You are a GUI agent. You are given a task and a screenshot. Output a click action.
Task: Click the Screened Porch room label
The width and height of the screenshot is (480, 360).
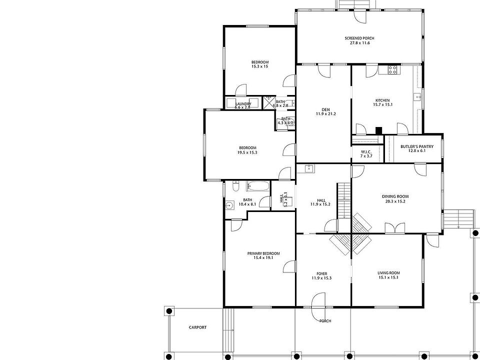[x=359, y=40]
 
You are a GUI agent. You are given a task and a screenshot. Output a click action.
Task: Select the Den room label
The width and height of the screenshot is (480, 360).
[x=325, y=111]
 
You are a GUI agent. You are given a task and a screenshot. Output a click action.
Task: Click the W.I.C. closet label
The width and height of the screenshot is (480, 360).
[x=366, y=153]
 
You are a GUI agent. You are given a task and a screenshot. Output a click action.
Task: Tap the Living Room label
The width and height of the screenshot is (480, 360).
[x=388, y=275]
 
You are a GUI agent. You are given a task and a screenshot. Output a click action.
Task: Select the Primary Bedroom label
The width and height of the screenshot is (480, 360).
[x=263, y=255]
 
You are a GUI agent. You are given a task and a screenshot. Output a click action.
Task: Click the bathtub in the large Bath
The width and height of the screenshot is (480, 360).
[x=258, y=187]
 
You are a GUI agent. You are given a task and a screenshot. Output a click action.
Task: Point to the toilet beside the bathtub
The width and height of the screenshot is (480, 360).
[x=236, y=186]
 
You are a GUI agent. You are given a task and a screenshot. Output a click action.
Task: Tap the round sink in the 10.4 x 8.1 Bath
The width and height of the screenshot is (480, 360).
[x=230, y=204]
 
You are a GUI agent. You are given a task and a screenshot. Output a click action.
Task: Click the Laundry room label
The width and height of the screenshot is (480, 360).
[x=243, y=105]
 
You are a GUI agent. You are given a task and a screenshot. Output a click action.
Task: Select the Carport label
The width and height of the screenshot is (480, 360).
[x=197, y=327]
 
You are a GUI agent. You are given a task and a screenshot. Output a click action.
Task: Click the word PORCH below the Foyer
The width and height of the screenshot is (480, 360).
[x=325, y=321]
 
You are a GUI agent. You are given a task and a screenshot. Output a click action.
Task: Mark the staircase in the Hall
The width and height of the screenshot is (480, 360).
[x=343, y=200]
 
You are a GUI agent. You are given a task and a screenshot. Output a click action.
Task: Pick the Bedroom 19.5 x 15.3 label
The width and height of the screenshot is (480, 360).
[x=247, y=150]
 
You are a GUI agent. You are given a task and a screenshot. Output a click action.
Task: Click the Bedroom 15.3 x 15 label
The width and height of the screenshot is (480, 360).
[x=260, y=64]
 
